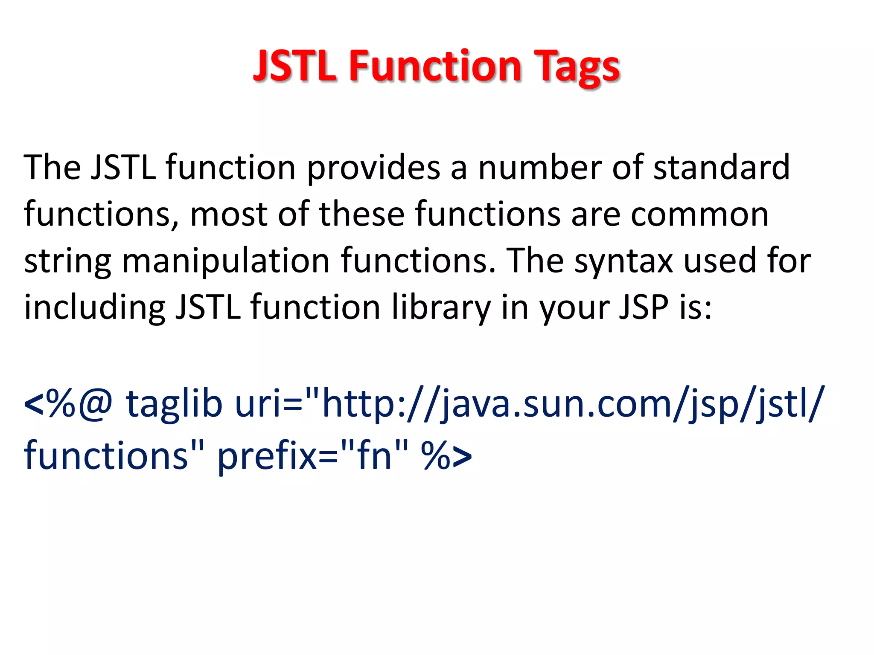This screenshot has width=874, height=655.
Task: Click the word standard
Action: point(722,167)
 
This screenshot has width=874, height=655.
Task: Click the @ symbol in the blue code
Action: point(96,404)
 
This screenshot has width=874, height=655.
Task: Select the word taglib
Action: point(174,404)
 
